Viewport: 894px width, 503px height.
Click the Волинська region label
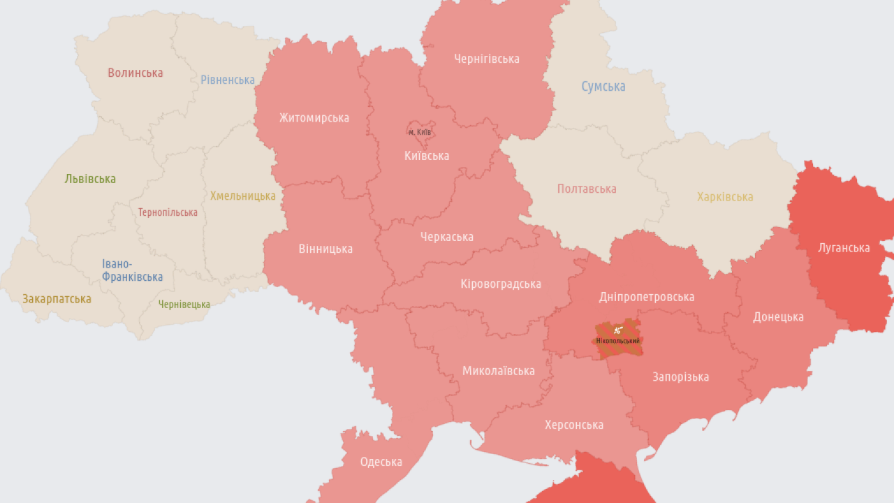coord(135,73)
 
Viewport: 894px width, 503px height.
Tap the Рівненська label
coord(228,80)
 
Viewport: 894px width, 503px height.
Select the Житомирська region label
coord(314,118)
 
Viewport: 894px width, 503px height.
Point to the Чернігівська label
coord(487,59)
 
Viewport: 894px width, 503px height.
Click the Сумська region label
coord(603,87)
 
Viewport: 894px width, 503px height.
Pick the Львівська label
coord(90,179)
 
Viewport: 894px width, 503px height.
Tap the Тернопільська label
coord(168,212)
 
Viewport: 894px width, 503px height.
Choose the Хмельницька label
coord(242,196)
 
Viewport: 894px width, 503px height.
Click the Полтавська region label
coord(587,189)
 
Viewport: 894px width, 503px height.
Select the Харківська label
coord(725,197)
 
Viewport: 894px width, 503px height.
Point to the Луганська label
coord(844,248)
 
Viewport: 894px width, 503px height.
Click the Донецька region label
coord(778,317)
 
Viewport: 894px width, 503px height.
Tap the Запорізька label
coord(680,377)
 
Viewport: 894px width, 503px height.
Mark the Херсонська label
coord(574,425)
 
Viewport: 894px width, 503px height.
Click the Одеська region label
coord(381,462)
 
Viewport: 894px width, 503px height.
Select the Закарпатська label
coord(57,299)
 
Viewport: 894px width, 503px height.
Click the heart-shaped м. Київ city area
coord(420,131)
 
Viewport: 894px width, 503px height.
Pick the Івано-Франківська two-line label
coord(132,270)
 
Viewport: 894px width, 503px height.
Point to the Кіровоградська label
coord(501,284)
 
